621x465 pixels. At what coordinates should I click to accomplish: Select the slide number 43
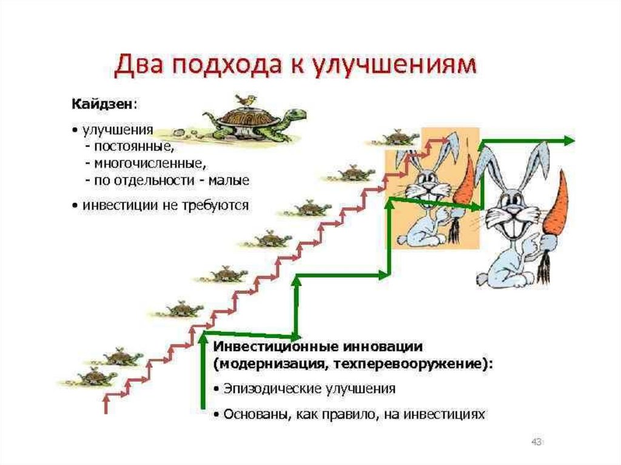point(535,441)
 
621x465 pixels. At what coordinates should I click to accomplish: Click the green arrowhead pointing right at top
point(568,141)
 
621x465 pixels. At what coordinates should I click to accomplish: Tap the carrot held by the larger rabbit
point(555,206)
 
